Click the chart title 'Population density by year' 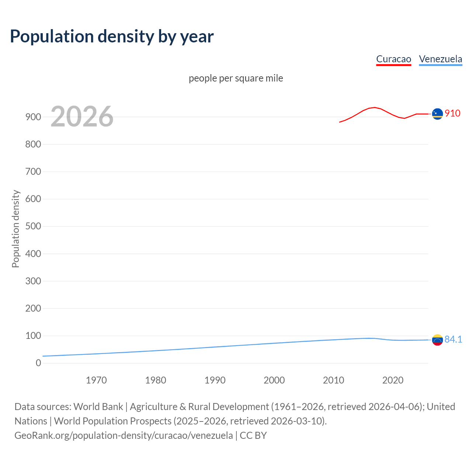tap(112, 37)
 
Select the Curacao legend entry tap(393, 59)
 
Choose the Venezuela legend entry tap(440, 59)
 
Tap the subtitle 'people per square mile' tap(236, 78)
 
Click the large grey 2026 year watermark tap(82, 117)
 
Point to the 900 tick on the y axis tap(33, 117)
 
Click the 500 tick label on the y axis tap(33, 226)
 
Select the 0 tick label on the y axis tap(38, 363)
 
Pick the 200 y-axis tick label tap(33, 308)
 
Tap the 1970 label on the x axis tap(96, 380)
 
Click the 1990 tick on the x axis tap(215, 380)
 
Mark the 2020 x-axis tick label tap(393, 380)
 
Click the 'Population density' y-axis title tap(15, 229)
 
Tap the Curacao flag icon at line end tap(437, 114)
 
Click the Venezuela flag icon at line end tap(437, 340)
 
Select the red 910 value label tap(452, 113)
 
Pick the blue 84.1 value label tap(453, 339)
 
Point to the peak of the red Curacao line tap(375, 107)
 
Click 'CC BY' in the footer tap(253, 435)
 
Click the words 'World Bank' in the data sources tap(98, 407)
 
